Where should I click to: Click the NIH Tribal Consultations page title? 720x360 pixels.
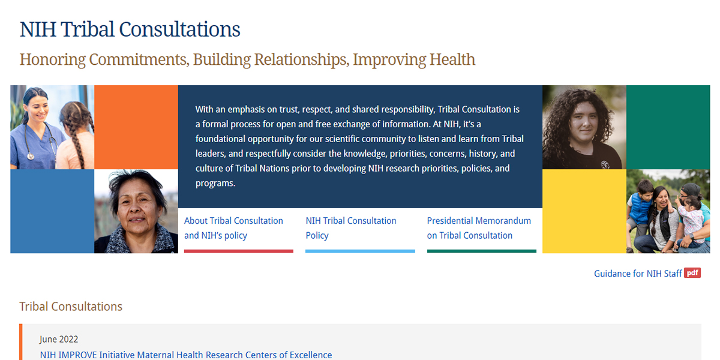coord(130,29)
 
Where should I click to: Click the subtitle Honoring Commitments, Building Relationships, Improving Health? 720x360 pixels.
coord(247,60)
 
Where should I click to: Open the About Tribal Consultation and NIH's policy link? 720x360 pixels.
coord(233,228)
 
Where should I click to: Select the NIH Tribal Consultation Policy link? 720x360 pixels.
coord(351,228)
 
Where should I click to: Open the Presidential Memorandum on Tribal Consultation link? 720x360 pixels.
coord(479,228)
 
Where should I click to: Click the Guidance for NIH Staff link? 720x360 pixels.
coord(638,274)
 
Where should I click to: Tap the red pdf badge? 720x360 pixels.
coord(692,273)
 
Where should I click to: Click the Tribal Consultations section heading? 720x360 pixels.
coord(71,307)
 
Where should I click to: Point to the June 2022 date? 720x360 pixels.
coord(59,340)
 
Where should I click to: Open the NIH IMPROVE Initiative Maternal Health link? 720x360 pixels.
coord(186,355)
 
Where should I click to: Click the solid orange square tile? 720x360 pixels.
coord(136,127)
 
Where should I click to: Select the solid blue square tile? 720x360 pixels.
coord(52,211)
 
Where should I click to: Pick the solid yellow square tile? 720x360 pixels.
coord(584,211)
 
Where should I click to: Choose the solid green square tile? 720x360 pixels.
coord(668,127)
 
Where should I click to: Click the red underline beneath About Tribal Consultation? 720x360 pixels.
coord(239,251)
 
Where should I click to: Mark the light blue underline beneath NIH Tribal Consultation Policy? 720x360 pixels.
coord(360,251)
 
